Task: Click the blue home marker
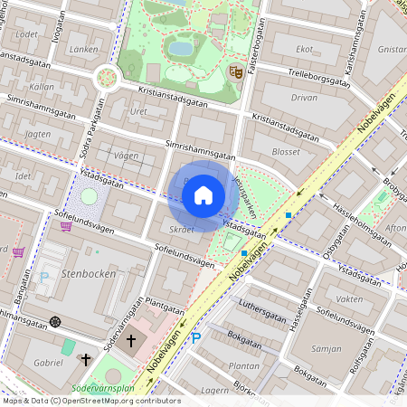pyautogui.click(x=203, y=195)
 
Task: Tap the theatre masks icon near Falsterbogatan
pyautogui.click(x=236, y=71)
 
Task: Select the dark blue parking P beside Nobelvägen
pyautogui.click(x=197, y=338)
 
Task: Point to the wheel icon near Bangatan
pyautogui.click(x=55, y=321)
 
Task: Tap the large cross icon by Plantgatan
pyautogui.click(x=131, y=341)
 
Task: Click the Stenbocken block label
pyautogui.click(x=86, y=271)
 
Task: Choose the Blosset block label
pyautogui.click(x=286, y=152)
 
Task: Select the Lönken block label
pyautogui.click(x=83, y=50)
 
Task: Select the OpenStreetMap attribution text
pyautogui.click(x=91, y=400)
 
